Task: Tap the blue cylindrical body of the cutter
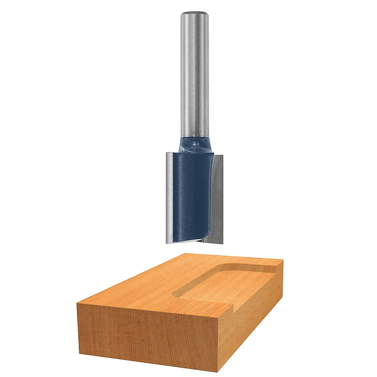pyautogui.click(x=192, y=195)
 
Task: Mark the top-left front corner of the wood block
pyautogui.click(x=77, y=303)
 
